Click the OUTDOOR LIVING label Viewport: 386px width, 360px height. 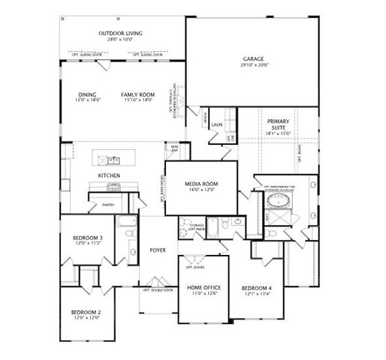[121, 33]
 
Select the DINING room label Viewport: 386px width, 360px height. [86, 94]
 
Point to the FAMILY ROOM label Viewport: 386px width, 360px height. [137, 94]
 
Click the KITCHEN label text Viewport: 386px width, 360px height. [109, 175]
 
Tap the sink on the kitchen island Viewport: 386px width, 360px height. [113, 159]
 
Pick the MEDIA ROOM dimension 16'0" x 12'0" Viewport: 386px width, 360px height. [201, 190]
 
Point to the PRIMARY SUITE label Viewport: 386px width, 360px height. [278, 122]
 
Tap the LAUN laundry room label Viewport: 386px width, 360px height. [216, 124]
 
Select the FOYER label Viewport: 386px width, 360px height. [158, 250]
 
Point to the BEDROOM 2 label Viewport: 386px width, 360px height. [86, 311]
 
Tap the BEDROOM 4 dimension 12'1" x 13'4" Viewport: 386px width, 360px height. [256, 294]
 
